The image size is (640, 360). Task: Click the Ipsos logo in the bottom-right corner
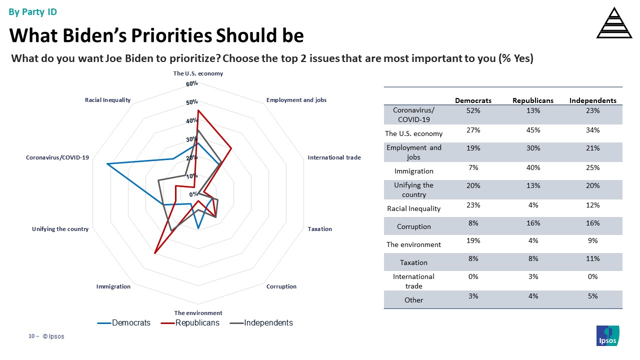(607, 335)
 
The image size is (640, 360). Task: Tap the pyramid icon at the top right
(614, 23)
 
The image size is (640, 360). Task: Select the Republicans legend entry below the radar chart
(197, 323)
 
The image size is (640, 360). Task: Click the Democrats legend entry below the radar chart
(131, 323)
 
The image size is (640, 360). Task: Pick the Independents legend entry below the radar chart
(268, 323)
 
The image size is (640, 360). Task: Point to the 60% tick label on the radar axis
(192, 83)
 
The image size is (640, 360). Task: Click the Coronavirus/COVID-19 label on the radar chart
(57, 157)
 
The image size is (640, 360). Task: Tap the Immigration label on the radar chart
(113, 286)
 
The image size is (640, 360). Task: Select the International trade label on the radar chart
(334, 157)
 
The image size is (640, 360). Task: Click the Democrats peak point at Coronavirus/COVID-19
(107, 164)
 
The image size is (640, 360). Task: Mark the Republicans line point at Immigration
(155, 253)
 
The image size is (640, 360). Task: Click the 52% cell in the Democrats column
(473, 110)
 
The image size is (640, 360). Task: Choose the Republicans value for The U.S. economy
(533, 130)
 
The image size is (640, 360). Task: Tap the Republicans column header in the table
(533, 100)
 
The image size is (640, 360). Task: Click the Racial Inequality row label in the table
(414, 208)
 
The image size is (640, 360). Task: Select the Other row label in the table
(414, 300)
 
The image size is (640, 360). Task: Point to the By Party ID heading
(33, 12)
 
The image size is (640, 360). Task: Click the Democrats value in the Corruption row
(473, 223)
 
